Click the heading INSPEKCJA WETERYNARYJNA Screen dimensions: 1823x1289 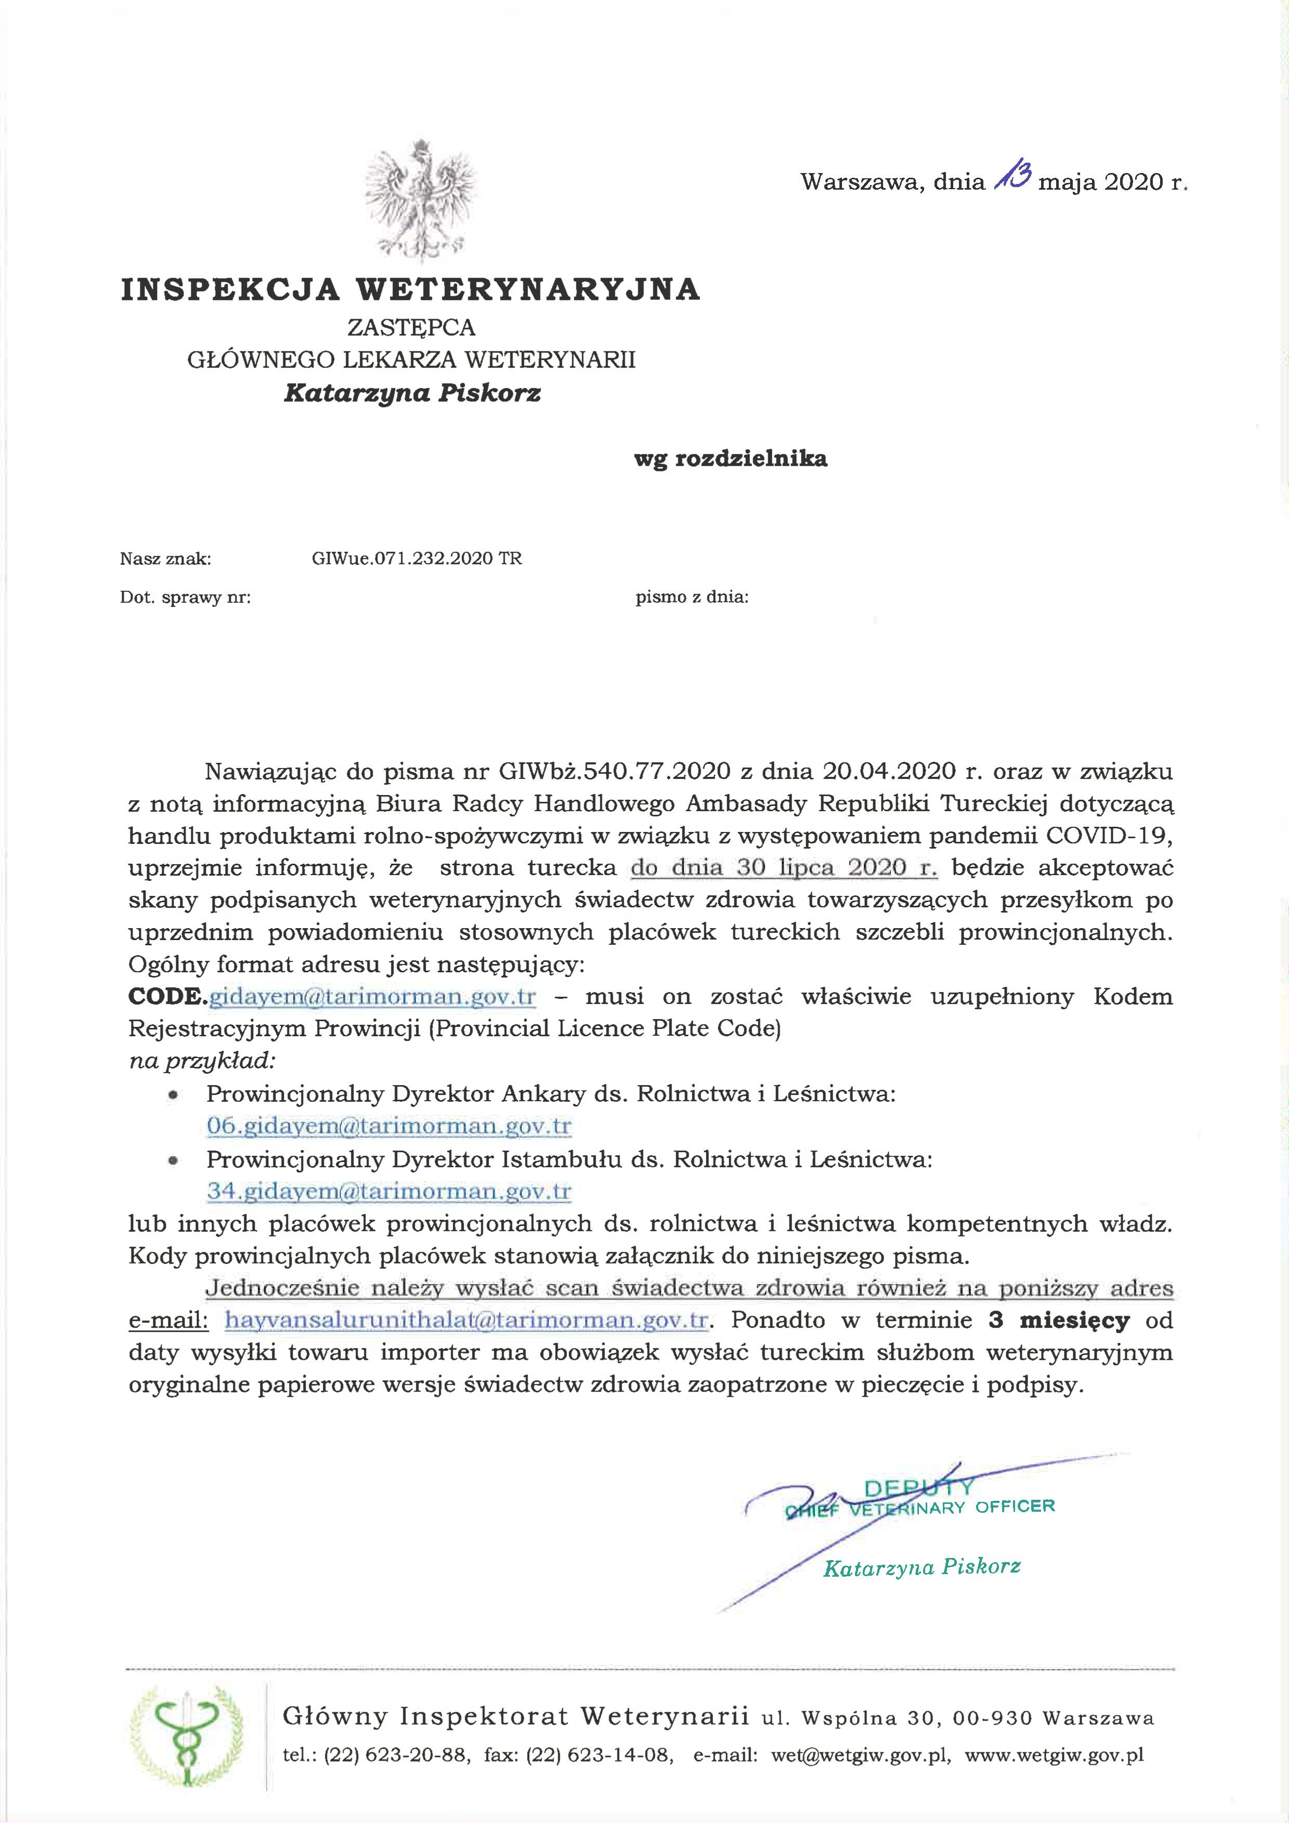[411, 290]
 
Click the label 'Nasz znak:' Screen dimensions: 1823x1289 [165, 559]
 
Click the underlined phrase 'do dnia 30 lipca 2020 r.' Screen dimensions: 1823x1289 [784, 868]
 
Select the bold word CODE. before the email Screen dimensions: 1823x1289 [167, 996]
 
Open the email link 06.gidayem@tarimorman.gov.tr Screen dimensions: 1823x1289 [389, 1126]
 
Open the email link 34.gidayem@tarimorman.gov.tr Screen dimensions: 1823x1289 [389, 1191]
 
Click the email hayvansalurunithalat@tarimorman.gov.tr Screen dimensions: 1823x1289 [466, 1320]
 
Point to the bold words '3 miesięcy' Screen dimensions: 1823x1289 [1059, 1320]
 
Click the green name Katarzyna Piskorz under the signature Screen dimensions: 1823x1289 [922, 1566]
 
